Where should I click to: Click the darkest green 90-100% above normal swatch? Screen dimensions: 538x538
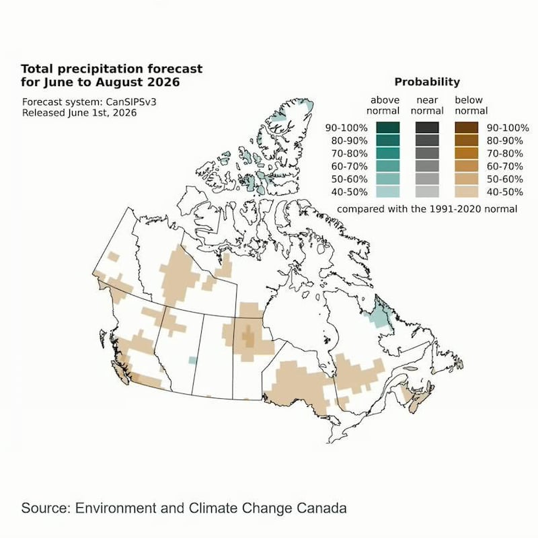click(388, 128)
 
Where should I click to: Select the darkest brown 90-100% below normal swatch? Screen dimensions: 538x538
click(466, 128)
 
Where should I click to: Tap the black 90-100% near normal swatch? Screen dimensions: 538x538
click(427, 128)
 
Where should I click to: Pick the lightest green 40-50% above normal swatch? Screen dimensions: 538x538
click(388, 192)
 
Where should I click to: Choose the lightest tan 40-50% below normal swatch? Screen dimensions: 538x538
click(466, 192)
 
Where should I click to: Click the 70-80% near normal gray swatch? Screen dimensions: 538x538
click(427, 153)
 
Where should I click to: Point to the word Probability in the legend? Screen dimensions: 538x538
click(427, 82)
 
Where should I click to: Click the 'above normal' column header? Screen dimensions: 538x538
click(383, 106)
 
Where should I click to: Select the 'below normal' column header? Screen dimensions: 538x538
click(471, 106)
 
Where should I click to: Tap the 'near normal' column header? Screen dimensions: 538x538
click(427, 106)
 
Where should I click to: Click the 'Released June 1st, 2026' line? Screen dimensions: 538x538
click(79, 113)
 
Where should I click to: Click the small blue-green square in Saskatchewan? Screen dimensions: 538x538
click(193, 360)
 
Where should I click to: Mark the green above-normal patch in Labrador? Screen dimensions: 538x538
click(380, 313)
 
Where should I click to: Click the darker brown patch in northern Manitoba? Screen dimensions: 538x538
click(249, 336)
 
